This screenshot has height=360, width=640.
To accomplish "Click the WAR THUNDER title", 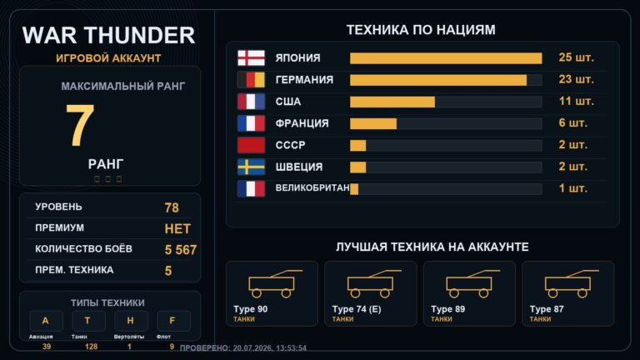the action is coord(108,35).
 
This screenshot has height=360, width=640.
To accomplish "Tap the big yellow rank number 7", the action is coord(80,125).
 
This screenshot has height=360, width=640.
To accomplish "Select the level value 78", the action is coord(172,207).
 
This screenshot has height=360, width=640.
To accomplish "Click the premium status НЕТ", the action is coord(177,229).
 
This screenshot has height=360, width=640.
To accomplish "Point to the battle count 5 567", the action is coord(181,250).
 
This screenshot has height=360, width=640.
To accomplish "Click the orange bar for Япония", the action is coord(446,58).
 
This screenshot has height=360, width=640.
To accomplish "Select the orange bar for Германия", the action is coord(438,80).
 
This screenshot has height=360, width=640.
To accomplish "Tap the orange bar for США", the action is coord(392,102).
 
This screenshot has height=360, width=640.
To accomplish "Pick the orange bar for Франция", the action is coord(373,123).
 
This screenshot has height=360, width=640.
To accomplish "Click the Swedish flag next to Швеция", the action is coord(251,167).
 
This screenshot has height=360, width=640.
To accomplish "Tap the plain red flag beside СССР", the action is coord(251,145).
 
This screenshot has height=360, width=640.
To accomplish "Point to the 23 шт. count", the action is coord(576,79).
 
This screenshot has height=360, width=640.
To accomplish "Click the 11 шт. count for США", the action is coord(576,101).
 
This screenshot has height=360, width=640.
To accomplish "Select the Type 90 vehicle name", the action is coord(251,309).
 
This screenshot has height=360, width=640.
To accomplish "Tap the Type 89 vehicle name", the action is coord(447,309).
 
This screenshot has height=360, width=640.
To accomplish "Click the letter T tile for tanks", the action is coord(87,321).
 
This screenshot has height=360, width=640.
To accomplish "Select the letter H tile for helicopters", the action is coord(130,321).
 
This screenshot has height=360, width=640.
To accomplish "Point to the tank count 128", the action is coord(91,347).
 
